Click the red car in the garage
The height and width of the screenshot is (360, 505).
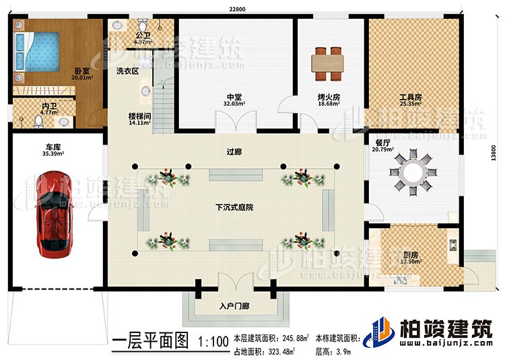tap(52, 215)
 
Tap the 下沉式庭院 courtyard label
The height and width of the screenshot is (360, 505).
tap(234, 207)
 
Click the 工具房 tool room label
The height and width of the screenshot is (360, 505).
tap(410, 97)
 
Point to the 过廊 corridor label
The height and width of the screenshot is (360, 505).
tap(234, 152)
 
